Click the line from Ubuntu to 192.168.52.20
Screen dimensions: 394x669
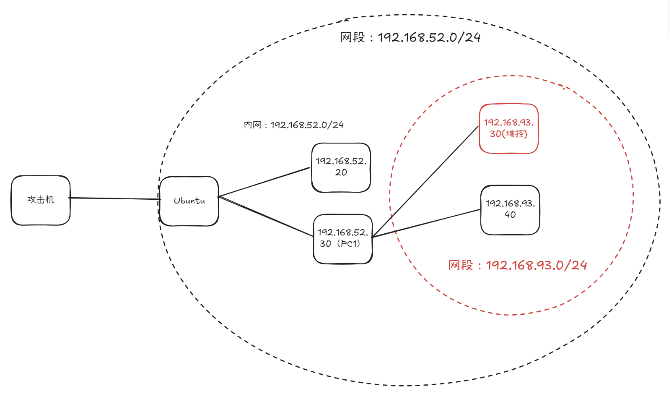[x=264, y=182]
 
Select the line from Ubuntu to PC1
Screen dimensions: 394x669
[x=266, y=216]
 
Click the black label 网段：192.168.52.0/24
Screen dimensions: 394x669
[x=410, y=37]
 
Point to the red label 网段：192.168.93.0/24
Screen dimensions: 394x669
[x=517, y=265]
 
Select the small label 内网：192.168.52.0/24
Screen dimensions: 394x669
[x=293, y=125]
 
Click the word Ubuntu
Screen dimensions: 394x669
[x=189, y=201]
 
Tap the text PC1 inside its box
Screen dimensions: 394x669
[x=350, y=244]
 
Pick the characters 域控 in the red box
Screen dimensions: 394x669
[x=515, y=134]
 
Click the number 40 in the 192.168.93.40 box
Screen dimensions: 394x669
[x=510, y=215]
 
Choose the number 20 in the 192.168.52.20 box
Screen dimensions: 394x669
[x=341, y=172]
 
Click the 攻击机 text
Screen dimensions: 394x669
[x=41, y=200]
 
